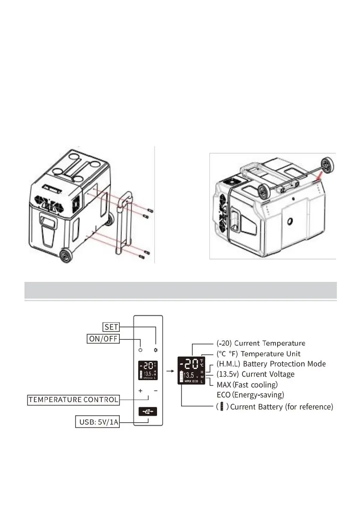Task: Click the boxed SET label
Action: point(111,327)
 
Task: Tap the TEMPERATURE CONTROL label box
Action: point(73,400)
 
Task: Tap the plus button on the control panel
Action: point(140,391)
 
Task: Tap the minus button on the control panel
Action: point(156,391)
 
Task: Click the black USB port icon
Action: point(148,411)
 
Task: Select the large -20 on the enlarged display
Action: point(190,364)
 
